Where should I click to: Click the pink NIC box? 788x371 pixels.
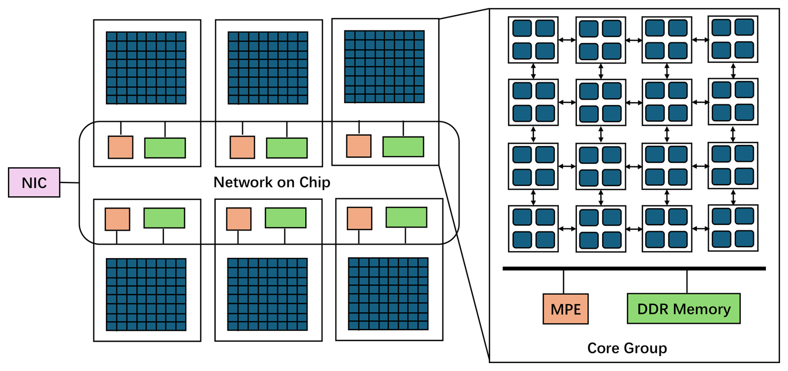pyautogui.click(x=34, y=182)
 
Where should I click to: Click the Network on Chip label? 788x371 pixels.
pyautogui.click(x=272, y=182)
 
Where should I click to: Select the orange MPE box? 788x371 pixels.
pyautogui.click(x=565, y=309)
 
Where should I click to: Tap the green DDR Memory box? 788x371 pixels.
pyautogui.click(x=683, y=309)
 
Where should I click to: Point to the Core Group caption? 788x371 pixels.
pyautogui.click(x=627, y=348)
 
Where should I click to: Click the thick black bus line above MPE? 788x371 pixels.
pyautogui.click(x=634, y=269)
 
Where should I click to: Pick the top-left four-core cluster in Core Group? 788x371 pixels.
pyautogui.click(x=533, y=40)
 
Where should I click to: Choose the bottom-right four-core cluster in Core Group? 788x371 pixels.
pyautogui.click(x=733, y=228)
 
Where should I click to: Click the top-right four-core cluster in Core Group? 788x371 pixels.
pyautogui.click(x=733, y=39)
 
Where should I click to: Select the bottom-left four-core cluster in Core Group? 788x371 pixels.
pyautogui.click(x=533, y=229)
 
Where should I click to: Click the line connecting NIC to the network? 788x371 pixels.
pyautogui.click(x=70, y=182)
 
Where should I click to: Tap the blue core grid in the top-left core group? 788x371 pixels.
pyautogui.click(x=146, y=67)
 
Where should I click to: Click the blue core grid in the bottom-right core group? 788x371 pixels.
pyautogui.click(x=388, y=294)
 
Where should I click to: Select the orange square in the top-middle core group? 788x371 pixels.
pyautogui.click(x=242, y=147)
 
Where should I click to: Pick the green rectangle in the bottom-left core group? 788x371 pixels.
pyautogui.click(x=164, y=218)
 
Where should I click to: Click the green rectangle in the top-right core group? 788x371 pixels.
pyautogui.click(x=403, y=147)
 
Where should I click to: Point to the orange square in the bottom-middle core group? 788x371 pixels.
pyautogui.click(x=239, y=219)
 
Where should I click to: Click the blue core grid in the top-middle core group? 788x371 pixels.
pyautogui.click(x=268, y=67)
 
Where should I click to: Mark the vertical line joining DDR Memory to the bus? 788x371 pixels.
pyautogui.click(x=687, y=282)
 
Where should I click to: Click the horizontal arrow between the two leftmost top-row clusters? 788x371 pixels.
pyautogui.click(x=567, y=40)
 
